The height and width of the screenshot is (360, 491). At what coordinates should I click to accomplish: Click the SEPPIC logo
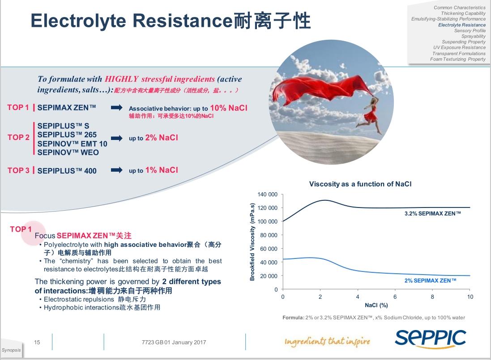pos(430,339)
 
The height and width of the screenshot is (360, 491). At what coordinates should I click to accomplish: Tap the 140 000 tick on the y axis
pos(268,195)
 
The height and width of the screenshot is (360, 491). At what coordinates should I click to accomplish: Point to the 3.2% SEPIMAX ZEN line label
pos(432,214)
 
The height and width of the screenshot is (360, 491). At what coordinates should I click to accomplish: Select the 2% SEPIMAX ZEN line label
pos(430,280)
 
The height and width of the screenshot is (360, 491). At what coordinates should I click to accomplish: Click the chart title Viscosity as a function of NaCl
pos(360,184)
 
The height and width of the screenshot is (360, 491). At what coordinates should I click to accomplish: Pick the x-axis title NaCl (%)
pos(376,305)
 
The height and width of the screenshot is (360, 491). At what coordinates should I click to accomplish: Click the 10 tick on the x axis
pos(470,297)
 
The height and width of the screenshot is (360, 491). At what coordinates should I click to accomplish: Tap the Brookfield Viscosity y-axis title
pos(252,242)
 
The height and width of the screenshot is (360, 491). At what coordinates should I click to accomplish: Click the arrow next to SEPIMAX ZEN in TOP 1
pos(116,108)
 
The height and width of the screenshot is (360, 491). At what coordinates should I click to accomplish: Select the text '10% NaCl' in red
pos(228,108)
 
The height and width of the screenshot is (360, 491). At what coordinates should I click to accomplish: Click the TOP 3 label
pos(18,170)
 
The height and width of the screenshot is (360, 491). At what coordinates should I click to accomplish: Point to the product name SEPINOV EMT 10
pos(73,144)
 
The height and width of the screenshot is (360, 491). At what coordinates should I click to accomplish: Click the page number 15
pos(37,343)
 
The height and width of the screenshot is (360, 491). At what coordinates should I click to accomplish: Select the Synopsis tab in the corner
pos(11,350)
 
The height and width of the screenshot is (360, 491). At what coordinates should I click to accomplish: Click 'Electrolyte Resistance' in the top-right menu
pos(461,25)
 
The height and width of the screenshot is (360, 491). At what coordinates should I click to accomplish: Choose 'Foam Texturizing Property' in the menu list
pos(457,59)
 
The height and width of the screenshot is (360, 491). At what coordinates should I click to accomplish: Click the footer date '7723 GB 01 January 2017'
pos(173,343)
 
